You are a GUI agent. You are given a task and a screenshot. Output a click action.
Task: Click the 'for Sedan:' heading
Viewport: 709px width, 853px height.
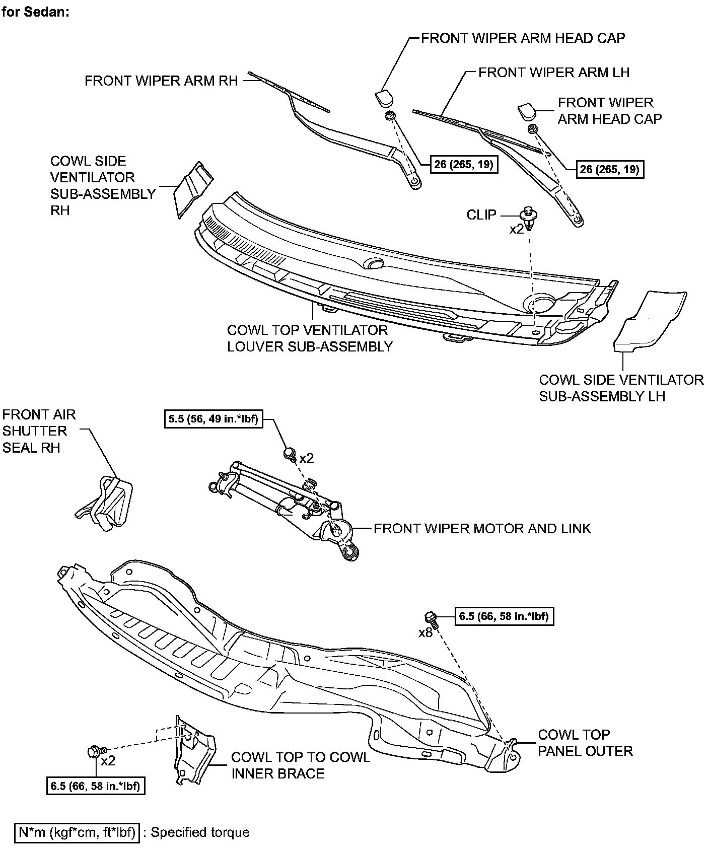click(x=35, y=12)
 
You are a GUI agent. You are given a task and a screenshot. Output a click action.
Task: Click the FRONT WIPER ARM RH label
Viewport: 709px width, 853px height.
click(x=161, y=81)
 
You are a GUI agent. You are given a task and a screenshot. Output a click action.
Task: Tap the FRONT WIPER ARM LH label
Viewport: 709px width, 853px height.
click(x=553, y=73)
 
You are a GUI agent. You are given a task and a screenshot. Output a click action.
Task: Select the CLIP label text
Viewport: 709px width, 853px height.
click(x=481, y=215)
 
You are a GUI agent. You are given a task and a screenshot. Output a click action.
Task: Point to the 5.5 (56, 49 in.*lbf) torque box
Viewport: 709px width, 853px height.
click(x=214, y=418)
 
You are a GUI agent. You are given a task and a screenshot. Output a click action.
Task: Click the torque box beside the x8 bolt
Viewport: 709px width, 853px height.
click(x=504, y=615)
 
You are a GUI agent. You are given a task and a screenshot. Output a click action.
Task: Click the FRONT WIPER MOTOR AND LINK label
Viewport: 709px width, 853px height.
click(x=482, y=529)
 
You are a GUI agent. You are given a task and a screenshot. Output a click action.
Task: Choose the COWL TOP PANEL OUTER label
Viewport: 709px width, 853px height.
click(x=585, y=743)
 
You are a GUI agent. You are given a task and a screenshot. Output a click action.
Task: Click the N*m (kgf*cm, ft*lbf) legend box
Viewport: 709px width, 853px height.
click(x=77, y=832)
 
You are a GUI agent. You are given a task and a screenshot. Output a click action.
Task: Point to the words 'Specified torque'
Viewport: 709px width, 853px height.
click(x=200, y=832)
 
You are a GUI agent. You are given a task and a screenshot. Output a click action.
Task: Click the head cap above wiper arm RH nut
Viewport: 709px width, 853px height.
click(x=385, y=97)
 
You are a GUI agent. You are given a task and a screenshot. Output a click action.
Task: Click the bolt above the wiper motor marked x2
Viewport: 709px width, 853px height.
click(x=290, y=453)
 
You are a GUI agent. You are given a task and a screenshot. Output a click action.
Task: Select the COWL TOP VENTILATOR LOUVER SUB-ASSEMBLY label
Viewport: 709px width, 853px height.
click(x=309, y=338)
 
